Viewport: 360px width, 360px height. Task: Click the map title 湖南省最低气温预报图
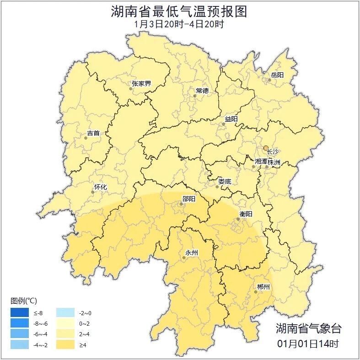(x=179, y=11)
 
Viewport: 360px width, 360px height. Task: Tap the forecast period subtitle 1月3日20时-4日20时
(x=179, y=24)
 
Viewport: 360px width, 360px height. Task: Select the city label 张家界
(x=141, y=84)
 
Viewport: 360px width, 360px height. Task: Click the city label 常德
(x=202, y=91)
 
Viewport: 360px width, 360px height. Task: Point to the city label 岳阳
(x=277, y=75)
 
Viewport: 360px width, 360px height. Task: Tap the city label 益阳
(x=231, y=119)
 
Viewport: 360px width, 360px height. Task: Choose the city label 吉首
(x=93, y=133)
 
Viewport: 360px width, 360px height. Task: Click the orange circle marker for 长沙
(x=266, y=148)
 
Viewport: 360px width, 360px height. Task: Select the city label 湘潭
(x=261, y=162)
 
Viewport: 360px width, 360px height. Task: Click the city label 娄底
(x=225, y=182)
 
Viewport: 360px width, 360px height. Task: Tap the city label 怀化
(x=100, y=187)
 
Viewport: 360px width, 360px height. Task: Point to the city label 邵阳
(x=188, y=199)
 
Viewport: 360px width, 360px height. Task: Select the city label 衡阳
(x=246, y=214)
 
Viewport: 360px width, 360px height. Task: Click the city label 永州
(x=191, y=253)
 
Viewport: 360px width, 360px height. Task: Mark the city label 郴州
(x=263, y=287)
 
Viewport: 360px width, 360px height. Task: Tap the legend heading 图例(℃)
(x=23, y=301)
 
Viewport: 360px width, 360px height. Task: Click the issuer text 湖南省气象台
(x=308, y=328)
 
